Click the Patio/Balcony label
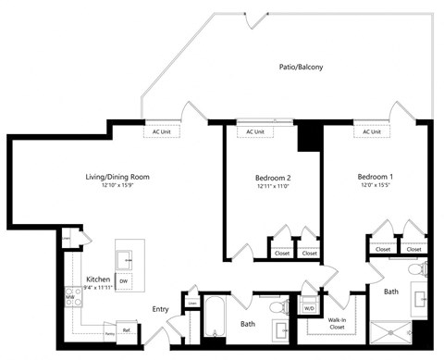pos(301,67)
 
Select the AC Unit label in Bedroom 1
pos(372,131)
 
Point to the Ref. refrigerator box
pos(126,329)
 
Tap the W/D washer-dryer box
pos(310,307)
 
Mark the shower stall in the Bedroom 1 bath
pos(393,330)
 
